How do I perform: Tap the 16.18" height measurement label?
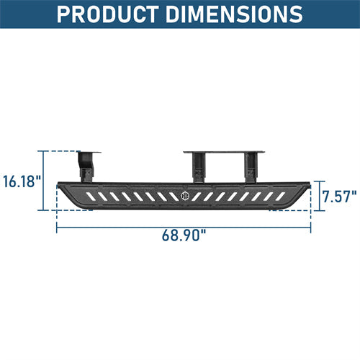coord(21,181)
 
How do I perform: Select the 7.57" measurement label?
coord(339,196)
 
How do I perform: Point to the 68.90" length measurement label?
coord(184,235)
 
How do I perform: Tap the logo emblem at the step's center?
coord(184,196)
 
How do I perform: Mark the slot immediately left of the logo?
coord(172,196)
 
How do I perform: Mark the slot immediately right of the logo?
coord(197,196)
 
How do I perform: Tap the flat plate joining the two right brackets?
coord(225,153)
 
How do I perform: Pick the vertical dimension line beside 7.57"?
coord(316,196)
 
